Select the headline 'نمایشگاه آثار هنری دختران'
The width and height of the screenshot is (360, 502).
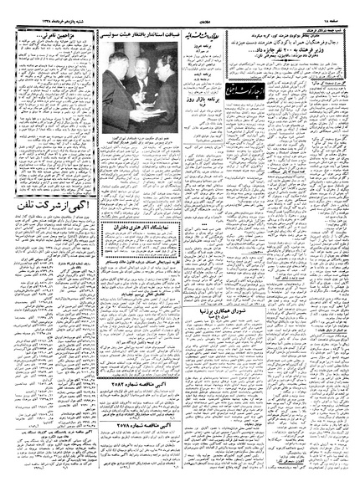[x=143, y=227]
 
